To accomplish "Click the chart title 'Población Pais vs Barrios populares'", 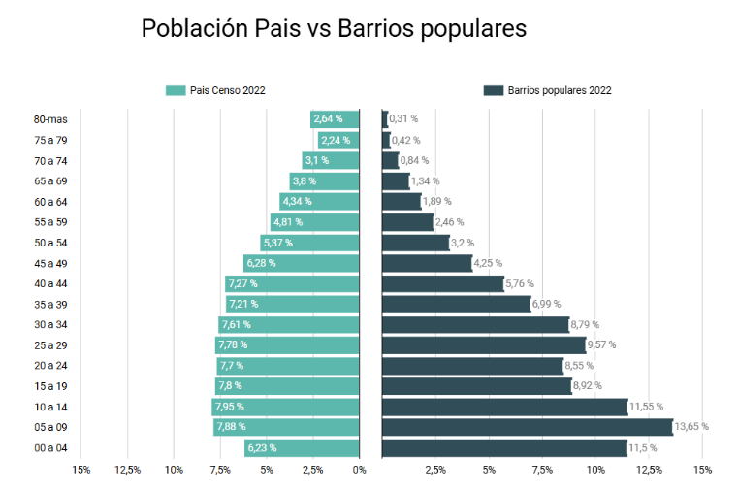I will [x=334, y=29].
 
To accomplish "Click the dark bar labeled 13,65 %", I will [x=528, y=427].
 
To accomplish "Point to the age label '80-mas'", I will [x=50, y=119].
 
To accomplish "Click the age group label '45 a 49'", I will [x=50, y=263].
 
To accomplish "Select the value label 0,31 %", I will [x=403, y=119].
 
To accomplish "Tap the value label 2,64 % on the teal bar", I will [x=329, y=119].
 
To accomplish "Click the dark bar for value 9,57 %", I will [x=484, y=345].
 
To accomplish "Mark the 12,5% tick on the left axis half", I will [x=128, y=470].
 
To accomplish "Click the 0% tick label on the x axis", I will [x=360, y=470].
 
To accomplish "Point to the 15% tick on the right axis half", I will [x=702, y=470].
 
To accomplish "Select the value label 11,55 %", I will [x=646, y=407].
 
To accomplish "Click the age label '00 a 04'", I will [x=50, y=448].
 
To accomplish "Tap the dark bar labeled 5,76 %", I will [x=443, y=283].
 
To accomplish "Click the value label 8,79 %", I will [x=585, y=325].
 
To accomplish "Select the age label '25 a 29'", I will [x=50, y=345].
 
